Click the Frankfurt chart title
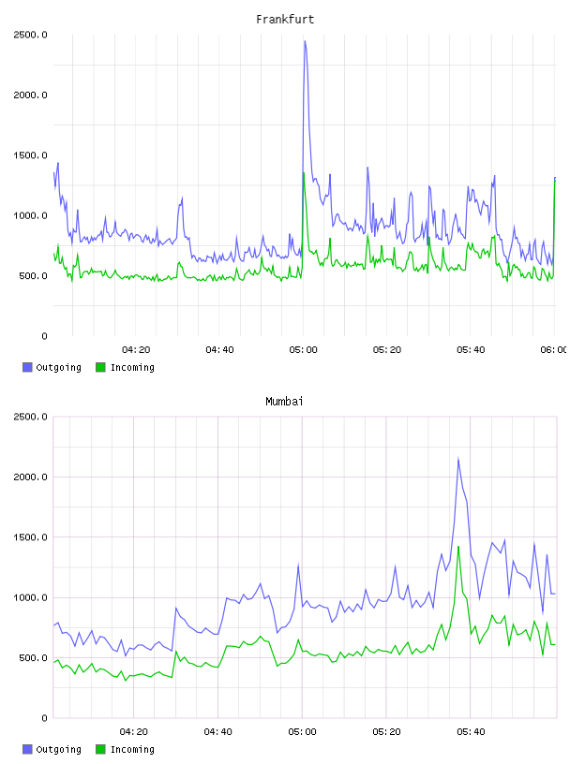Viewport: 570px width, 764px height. pos(285,20)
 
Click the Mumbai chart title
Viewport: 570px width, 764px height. pos(284,402)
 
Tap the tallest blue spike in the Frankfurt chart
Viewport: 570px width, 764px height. pos(305,42)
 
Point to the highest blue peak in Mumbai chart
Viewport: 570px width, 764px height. pos(458,459)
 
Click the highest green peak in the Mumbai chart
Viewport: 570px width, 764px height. pos(458,547)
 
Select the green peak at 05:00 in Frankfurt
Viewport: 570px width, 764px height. pos(304,173)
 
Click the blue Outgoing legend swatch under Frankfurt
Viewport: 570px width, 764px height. pos(27,367)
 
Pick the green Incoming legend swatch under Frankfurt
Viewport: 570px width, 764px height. pos(100,367)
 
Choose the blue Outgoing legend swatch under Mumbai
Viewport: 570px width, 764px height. pos(27,749)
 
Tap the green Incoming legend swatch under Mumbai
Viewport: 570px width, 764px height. pos(100,749)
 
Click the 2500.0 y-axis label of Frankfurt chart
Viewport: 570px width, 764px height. pos(30,35)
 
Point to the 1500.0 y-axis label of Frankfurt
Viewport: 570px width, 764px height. pos(30,155)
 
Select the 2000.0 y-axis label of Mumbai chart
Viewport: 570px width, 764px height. pos(30,477)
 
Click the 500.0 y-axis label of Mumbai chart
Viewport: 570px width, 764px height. pos(33,658)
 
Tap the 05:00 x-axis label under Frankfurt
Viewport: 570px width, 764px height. pos(303,350)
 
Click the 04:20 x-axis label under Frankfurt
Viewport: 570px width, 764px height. pos(136,350)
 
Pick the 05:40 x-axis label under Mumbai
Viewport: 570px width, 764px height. pos(471,732)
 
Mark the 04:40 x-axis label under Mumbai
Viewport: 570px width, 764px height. pos(218,732)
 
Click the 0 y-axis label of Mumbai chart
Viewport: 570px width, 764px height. pos(44,718)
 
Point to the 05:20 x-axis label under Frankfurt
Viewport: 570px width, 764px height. pos(387,350)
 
